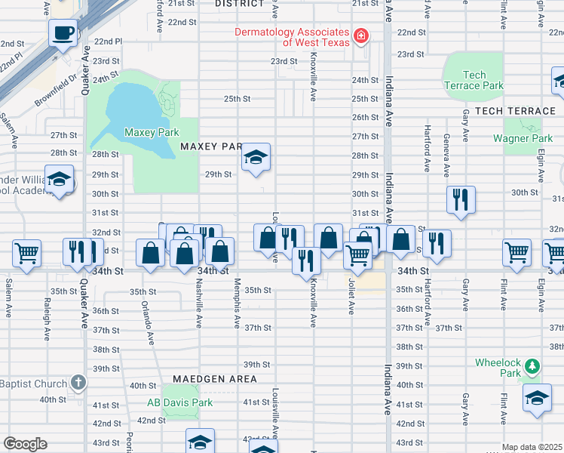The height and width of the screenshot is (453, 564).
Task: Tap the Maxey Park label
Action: (x=152, y=132)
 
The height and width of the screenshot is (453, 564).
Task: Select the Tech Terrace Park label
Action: (x=474, y=80)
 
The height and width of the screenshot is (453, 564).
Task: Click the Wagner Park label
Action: (x=523, y=138)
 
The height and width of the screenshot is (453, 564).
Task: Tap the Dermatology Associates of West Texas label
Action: (x=291, y=38)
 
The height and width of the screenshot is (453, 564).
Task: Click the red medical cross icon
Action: (x=361, y=35)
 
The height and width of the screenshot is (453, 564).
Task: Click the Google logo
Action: (x=25, y=444)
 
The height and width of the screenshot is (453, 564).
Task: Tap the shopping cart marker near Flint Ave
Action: (x=516, y=252)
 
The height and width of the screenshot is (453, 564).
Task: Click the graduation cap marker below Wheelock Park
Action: (x=536, y=398)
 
